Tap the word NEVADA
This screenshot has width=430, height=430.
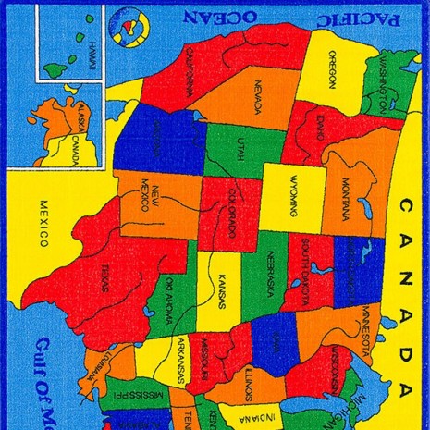[258, 92]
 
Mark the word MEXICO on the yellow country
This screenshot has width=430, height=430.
[43, 224]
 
